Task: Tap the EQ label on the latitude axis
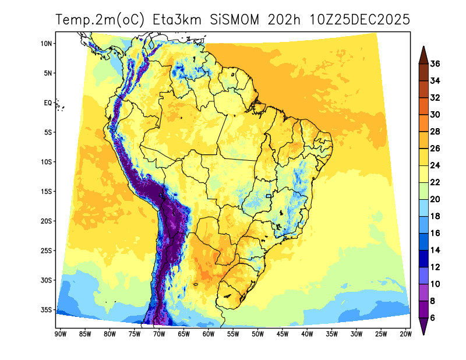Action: coord(48,103)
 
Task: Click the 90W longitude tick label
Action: coord(59,334)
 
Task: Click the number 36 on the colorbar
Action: coord(435,64)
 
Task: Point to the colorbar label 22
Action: coord(435,182)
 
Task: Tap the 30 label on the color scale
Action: coord(435,115)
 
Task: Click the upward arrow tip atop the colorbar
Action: coord(423,48)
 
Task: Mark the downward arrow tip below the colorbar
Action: coord(423,334)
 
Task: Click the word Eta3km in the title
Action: coord(177,20)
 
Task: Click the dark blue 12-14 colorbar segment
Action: coord(423,258)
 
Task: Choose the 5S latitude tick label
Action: coord(48,133)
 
